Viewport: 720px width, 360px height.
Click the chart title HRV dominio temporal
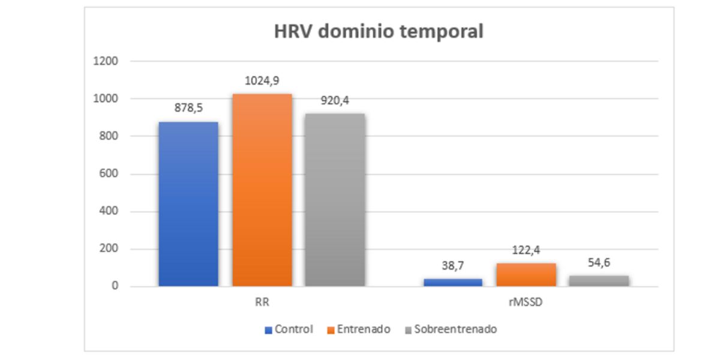click(x=379, y=32)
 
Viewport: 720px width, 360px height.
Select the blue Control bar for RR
click(x=188, y=204)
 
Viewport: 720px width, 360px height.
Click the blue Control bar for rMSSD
click(x=453, y=282)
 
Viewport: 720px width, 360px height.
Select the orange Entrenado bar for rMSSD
click(x=526, y=275)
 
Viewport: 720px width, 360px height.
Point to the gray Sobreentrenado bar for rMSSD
click(x=599, y=281)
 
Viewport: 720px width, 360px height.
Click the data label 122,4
click(x=526, y=251)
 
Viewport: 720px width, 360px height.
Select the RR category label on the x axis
click(x=262, y=303)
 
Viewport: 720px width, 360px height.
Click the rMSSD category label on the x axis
click(x=526, y=303)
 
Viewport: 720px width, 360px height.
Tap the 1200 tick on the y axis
click(x=106, y=61)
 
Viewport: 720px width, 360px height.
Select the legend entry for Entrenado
click(x=358, y=329)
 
